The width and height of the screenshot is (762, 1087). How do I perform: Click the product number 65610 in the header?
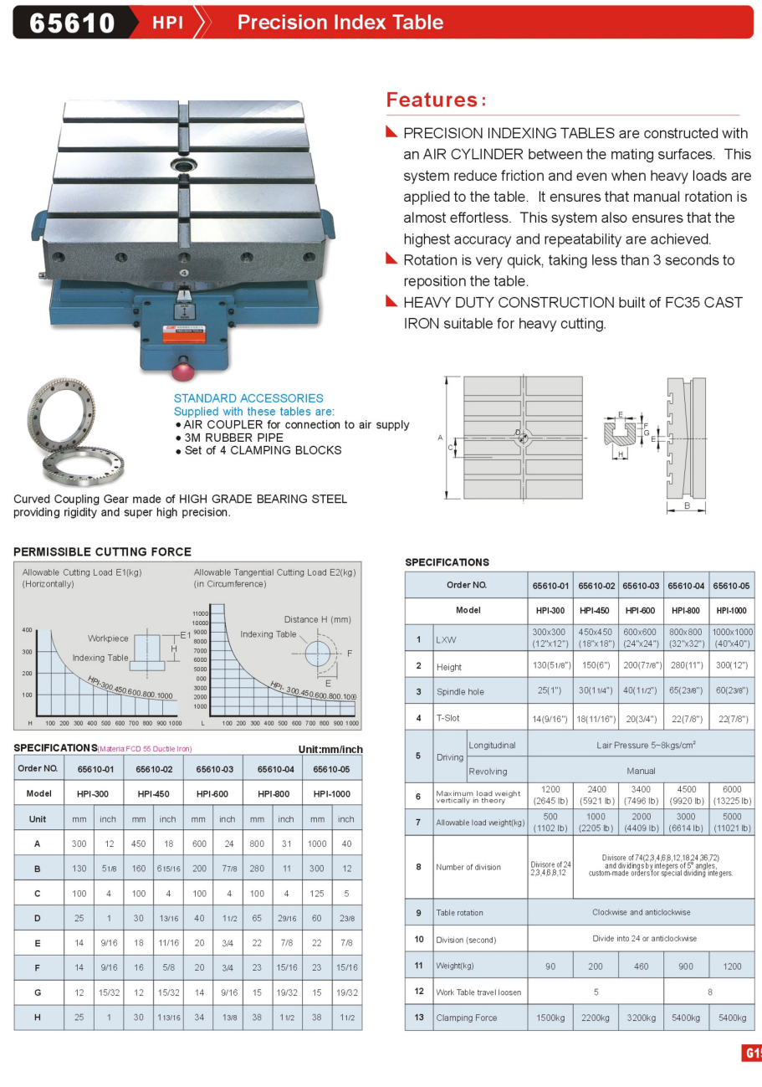point(72,23)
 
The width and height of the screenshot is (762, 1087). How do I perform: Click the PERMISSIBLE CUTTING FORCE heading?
point(102,551)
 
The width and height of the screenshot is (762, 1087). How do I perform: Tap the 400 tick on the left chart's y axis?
point(27,629)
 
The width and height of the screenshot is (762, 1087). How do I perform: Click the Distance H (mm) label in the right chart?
point(317,619)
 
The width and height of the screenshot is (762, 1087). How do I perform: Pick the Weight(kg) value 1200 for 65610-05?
point(732,966)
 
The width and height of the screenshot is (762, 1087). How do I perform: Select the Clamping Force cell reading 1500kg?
point(550,1018)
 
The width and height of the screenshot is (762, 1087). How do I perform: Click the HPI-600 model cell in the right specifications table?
point(640,610)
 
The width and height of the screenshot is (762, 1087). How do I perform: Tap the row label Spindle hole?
point(460,692)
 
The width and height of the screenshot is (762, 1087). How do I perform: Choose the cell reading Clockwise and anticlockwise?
point(641,912)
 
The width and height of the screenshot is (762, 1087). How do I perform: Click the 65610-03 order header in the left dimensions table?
point(214,768)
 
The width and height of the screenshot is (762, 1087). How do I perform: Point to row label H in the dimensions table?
point(37,1017)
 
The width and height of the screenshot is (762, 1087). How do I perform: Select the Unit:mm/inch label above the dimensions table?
point(330,749)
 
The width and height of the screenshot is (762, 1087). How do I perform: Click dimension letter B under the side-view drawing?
point(687,505)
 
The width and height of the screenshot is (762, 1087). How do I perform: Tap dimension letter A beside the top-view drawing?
point(440,437)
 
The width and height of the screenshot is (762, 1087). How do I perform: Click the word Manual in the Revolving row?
point(641,771)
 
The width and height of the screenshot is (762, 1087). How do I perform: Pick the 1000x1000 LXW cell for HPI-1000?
point(732,638)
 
